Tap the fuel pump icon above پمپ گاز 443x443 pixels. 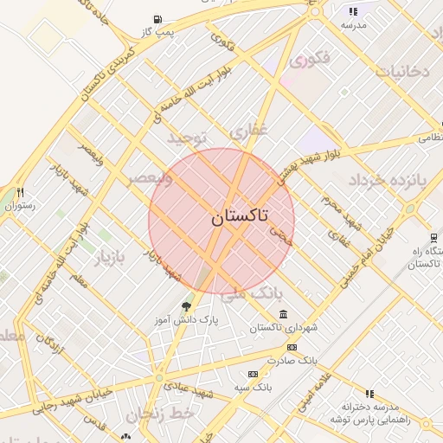[157, 19]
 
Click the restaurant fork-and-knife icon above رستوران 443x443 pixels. [20, 193]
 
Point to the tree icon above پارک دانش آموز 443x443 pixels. [185, 306]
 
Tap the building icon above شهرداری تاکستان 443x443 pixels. [284, 314]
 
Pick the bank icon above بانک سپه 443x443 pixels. [253, 373]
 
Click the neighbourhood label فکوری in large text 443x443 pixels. [310, 61]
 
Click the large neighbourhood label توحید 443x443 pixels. [188, 138]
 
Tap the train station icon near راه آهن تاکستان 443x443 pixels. [433, 238]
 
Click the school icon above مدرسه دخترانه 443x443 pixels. [370, 394]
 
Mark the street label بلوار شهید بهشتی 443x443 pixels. [311, 161]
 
